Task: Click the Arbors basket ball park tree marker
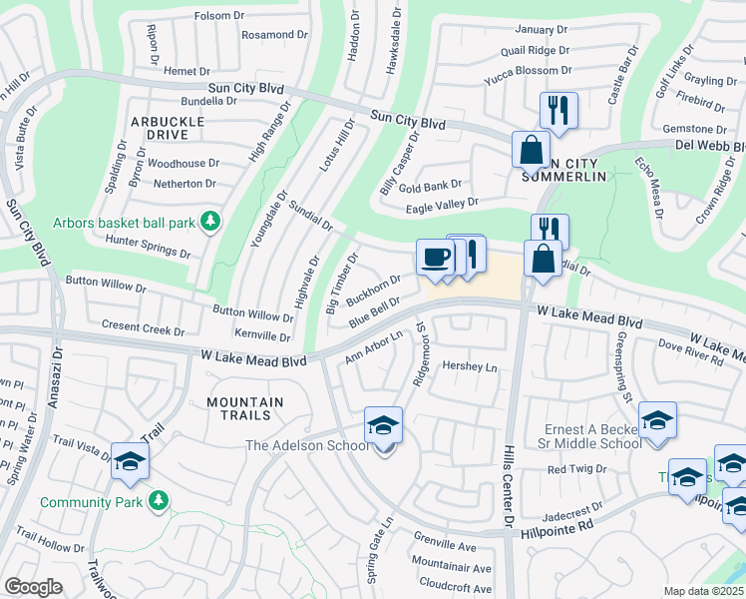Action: [x=209, y=221]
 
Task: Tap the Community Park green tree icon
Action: [x=157, y=499]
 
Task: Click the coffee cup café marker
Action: [x=434, y=258]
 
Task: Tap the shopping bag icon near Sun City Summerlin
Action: [x=531, y=150]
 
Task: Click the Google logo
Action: [x=33, y=587]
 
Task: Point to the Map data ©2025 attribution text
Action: [x=704, y=591]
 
